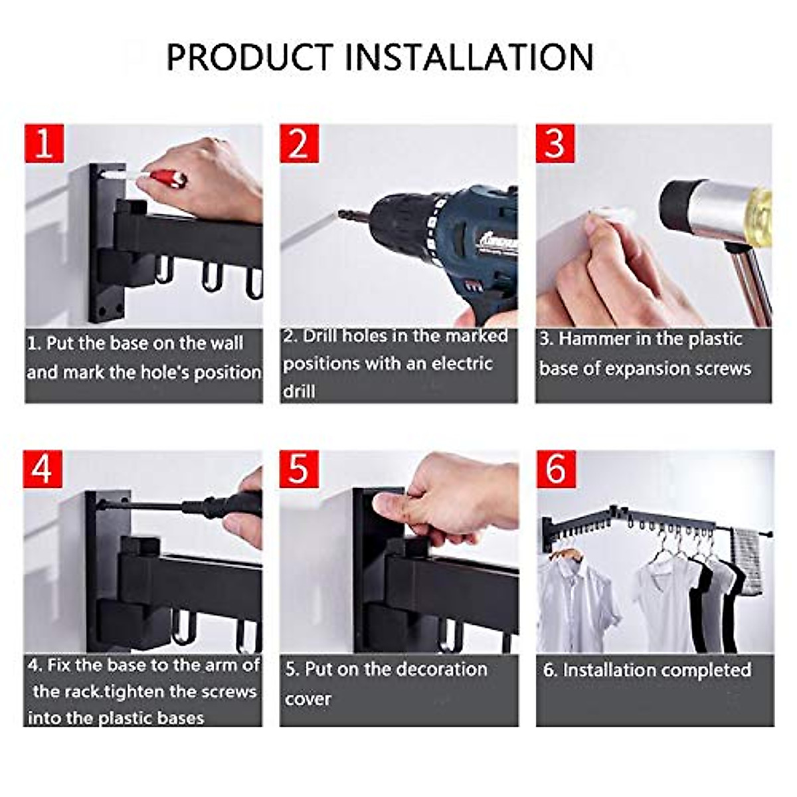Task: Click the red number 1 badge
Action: [44, 143]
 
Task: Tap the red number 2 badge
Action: [299, 143]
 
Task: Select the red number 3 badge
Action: [555, 143]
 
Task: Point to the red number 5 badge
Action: [299, 469]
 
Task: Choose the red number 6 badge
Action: [555, 469]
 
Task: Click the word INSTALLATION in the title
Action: [469, 57]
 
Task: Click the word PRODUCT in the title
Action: [250, 57]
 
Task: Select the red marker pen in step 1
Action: [166, 178]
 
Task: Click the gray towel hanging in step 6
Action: [745, 561]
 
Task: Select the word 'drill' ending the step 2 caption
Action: [299, 391]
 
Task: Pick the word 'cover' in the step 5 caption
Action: [308, 699]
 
